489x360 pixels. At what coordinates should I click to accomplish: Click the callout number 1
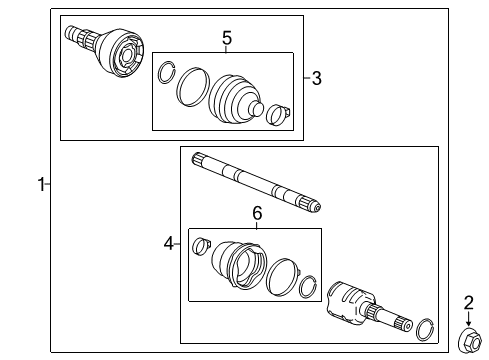[x=41, y=184]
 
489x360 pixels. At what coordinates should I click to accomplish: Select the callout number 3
[x=318, y=77]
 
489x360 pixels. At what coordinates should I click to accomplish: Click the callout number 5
[x=227, y=38]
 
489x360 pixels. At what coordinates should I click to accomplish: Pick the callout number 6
[x=256, y=213]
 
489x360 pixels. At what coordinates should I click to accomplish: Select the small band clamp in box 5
[x=280, y=116]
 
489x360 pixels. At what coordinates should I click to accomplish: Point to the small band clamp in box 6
[x=200, y=242]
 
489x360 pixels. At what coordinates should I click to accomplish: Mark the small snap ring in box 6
[x=309, y=285]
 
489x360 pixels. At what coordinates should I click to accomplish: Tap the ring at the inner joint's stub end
[x=425, y=329]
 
